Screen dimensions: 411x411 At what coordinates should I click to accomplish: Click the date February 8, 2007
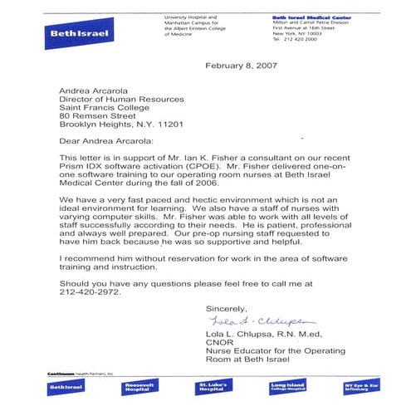242,66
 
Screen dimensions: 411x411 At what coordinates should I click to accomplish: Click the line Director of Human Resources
121,99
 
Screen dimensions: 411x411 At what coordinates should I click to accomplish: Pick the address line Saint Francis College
108,109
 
